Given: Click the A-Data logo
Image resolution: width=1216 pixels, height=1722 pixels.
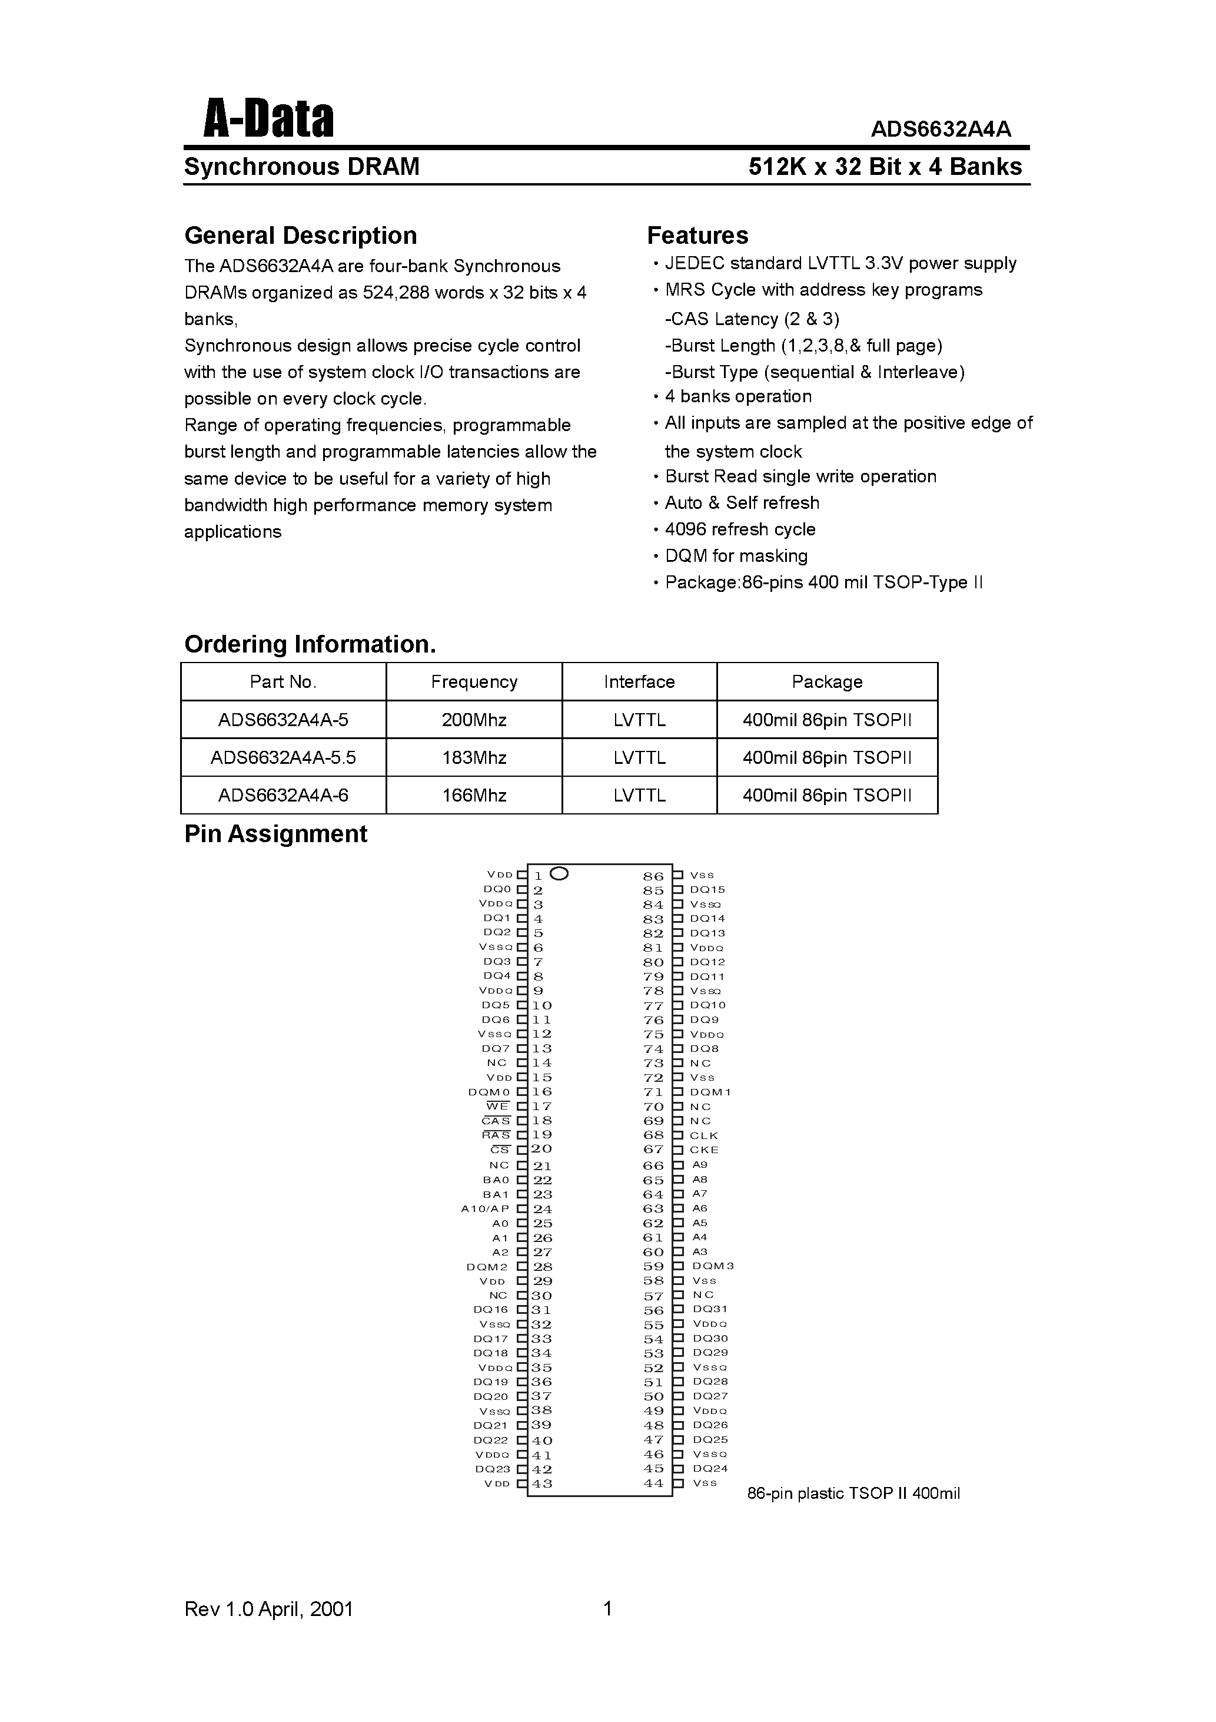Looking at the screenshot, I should (268, 120).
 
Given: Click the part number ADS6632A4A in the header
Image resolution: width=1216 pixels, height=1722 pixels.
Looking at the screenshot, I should (941, 130).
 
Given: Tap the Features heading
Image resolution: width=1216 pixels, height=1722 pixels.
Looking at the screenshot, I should (697, 236).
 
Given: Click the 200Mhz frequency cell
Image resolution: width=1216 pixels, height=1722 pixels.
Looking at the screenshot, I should (474, 720).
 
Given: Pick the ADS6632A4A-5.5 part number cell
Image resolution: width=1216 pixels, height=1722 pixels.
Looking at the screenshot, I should (283, 757).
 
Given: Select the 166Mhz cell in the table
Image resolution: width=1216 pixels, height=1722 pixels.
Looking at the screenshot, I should (474, 795).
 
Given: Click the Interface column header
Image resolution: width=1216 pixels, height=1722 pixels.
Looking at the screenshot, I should (639, 682).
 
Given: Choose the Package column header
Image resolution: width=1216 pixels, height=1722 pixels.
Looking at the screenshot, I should (827, 682).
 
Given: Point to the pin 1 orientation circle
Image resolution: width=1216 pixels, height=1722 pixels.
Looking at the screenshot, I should (559, 874).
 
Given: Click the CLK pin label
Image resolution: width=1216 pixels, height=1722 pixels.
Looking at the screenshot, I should (704, 1135).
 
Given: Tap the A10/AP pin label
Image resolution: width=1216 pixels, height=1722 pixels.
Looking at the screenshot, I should (485, 1208).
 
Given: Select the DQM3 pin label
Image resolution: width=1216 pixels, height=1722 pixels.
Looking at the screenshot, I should (713, 1266).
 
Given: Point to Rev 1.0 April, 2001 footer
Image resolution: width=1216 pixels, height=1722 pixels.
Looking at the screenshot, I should (268, 1609).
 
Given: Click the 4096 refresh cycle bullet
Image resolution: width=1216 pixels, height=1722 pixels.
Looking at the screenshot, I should (739, 529).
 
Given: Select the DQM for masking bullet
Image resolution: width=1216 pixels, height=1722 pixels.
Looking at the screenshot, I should (736, 556).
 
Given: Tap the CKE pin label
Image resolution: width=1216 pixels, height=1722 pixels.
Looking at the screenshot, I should (704, 1150).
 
